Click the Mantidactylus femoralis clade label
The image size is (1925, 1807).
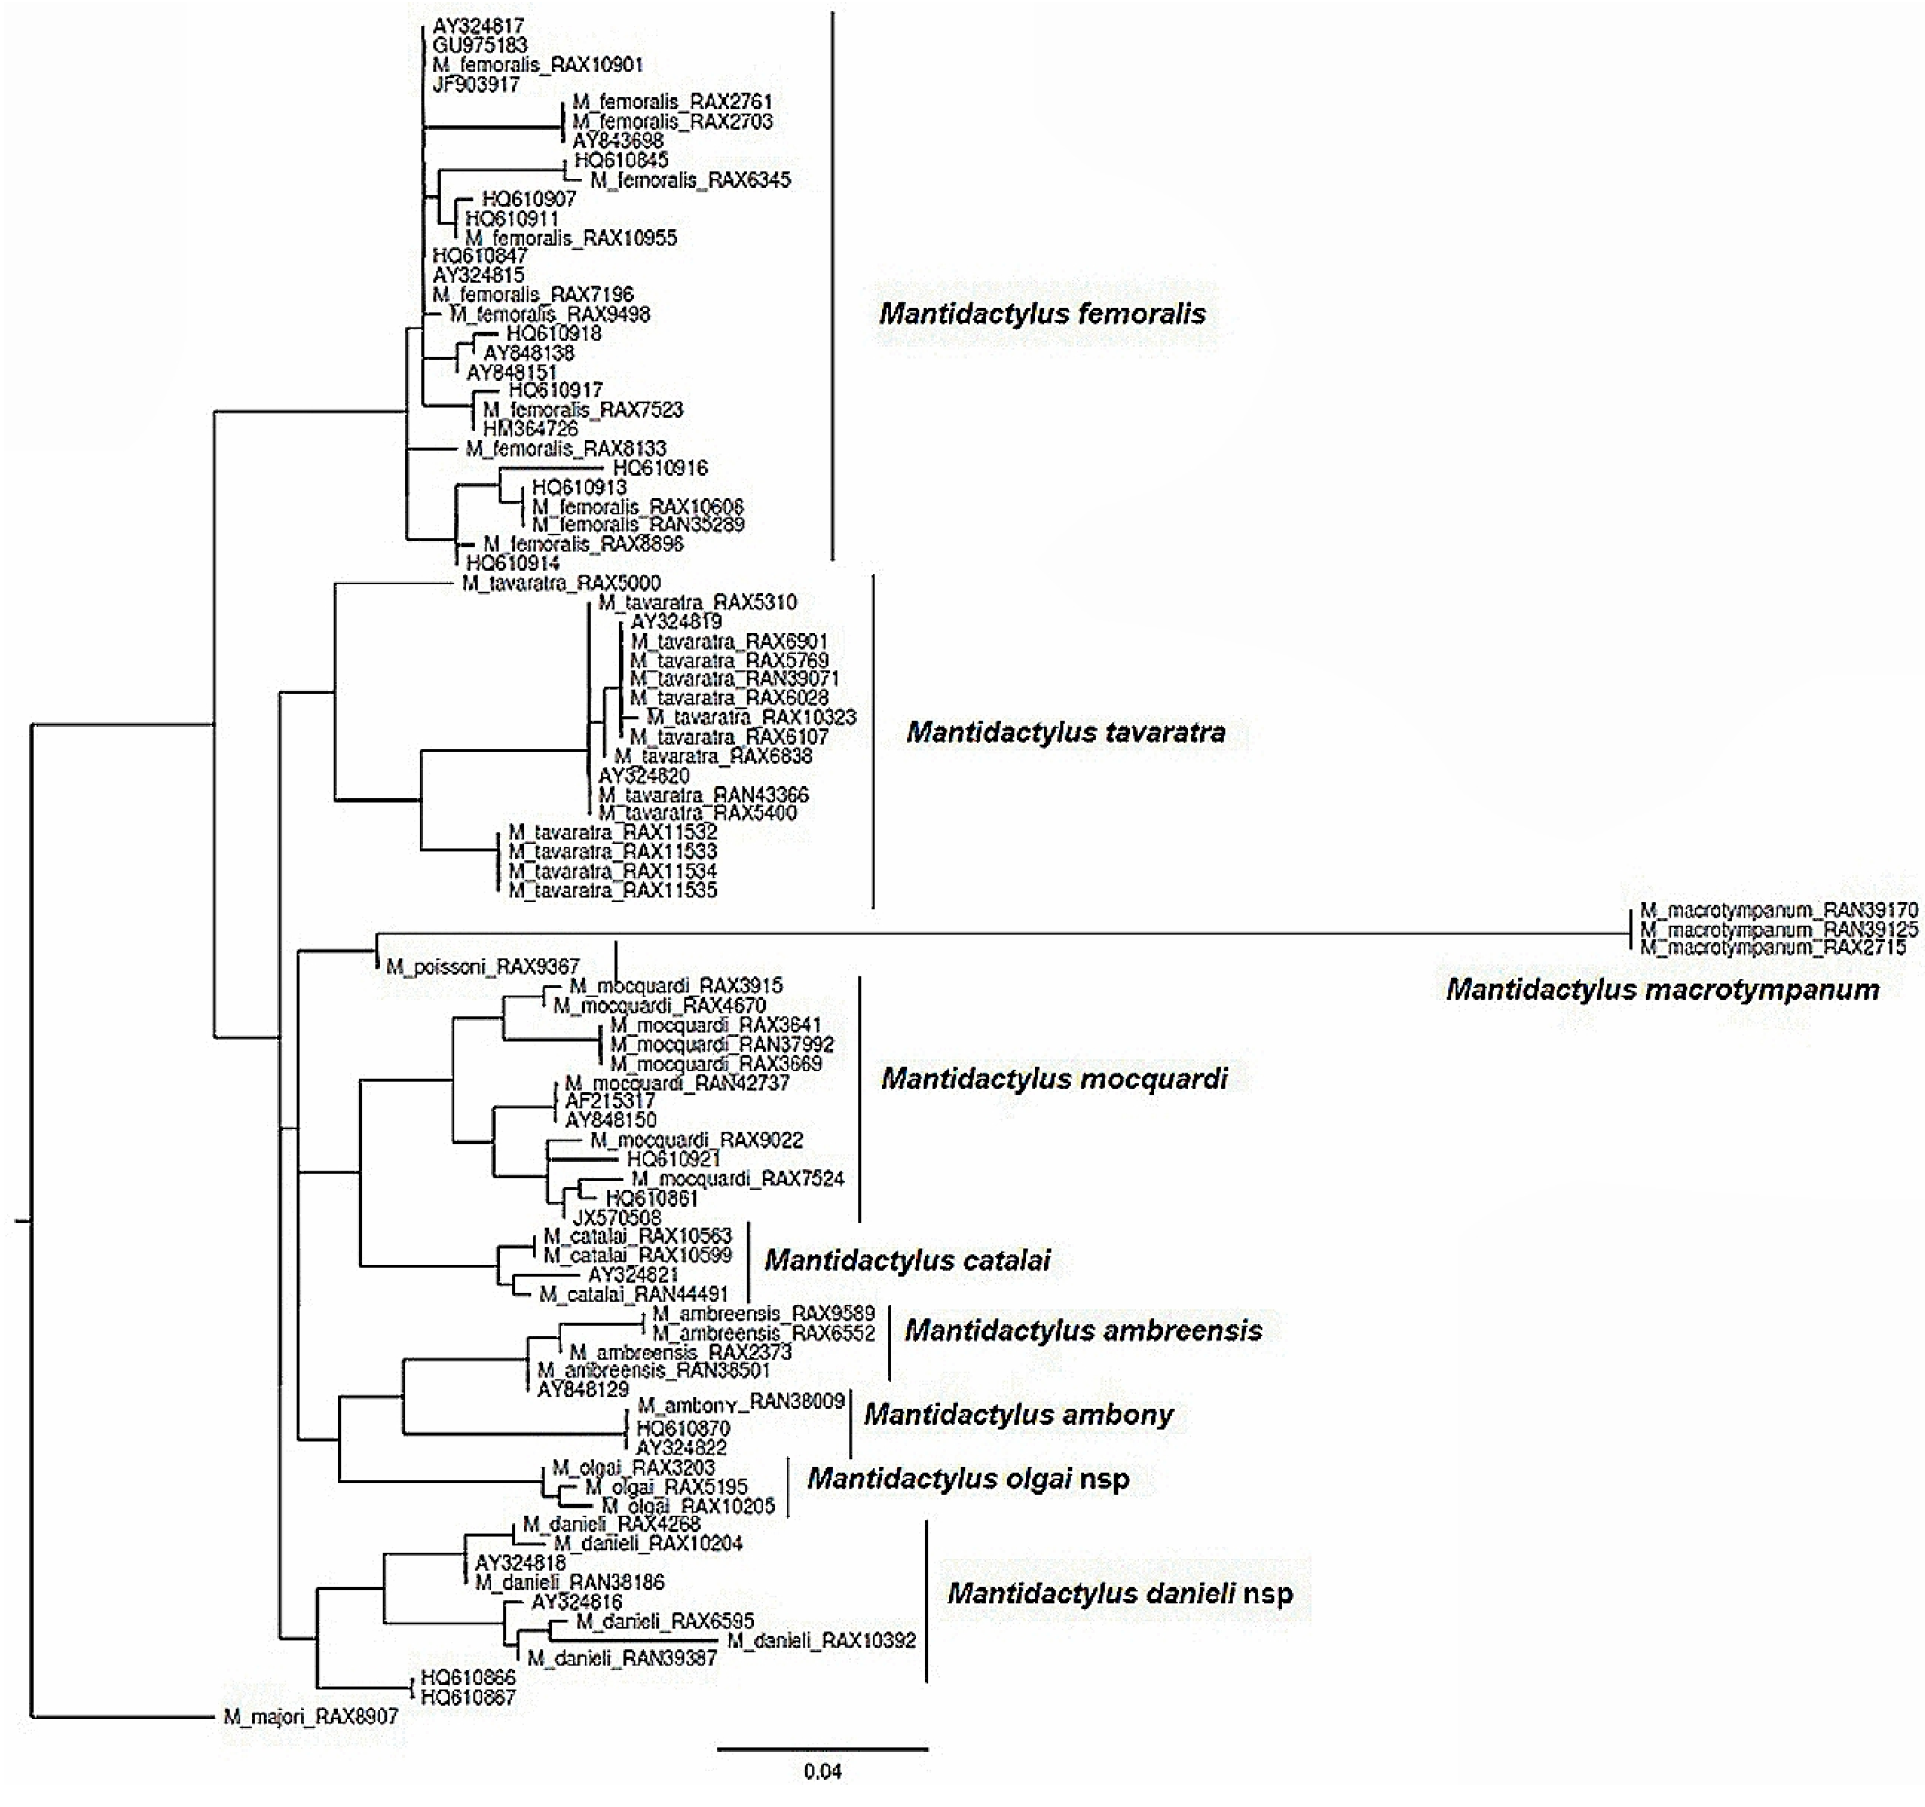point(1042,314)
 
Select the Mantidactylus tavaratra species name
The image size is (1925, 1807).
point(1065,732)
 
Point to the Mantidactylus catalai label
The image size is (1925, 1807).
point(907,1260)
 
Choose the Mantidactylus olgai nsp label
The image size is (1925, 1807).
point(968,1479)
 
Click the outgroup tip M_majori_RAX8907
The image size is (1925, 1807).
point(311,1717)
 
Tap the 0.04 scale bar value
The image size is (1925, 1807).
point(822,1772)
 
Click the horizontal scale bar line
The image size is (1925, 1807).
point(822,1749)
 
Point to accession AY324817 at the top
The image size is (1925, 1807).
point(478,26)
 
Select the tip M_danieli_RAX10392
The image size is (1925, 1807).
point(821,1640)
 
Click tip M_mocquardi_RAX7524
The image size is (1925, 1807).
point(737,1179)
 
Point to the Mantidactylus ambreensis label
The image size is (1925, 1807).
point(1082,1331)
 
